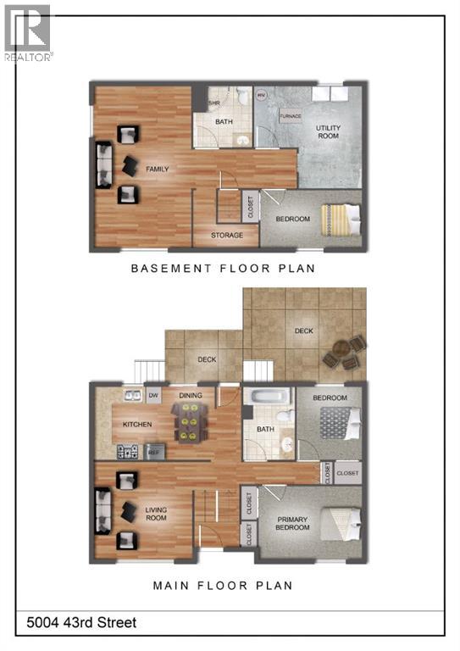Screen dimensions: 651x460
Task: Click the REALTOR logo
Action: [x=27, y=32]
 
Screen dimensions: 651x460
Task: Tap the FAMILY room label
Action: [x=158, y=170]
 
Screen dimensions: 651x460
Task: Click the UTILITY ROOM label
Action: [x=329, y=131]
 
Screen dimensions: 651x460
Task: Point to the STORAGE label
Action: [x=227, y=235]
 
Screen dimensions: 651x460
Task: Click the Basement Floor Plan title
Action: [x=222, y=269]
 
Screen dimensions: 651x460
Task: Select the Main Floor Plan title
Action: [x=222, y=585]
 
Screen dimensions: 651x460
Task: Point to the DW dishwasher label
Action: [x=154, y=394]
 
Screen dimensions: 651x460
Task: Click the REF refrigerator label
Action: [x=154, y=453]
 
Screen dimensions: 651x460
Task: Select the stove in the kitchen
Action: [x=127, y=452]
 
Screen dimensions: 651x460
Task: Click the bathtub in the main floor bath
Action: [x=266, y=396]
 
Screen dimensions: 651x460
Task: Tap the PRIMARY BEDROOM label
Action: [x=291, y=523]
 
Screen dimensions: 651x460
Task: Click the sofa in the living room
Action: [x=103, y=512]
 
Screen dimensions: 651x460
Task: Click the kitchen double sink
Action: [x=132, y=394]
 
